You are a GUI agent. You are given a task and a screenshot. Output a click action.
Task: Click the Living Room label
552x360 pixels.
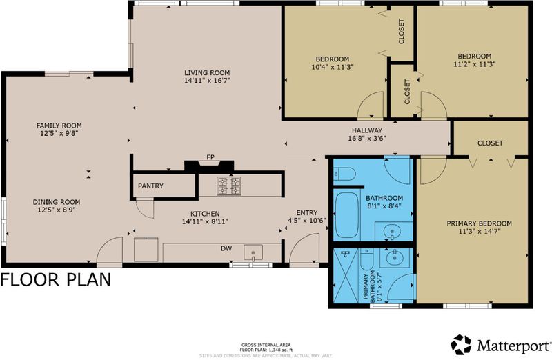coord(207,73)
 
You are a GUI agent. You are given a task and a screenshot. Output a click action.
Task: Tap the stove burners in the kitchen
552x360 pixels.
coord(229,186)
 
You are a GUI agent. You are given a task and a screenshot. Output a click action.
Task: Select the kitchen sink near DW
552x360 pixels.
coord(253,252)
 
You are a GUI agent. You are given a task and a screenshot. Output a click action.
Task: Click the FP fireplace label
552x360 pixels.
coord(210,157)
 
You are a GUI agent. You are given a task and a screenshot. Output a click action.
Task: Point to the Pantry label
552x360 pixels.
coord(150,186)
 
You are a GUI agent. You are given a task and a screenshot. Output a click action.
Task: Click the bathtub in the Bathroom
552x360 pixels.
coord(347,215)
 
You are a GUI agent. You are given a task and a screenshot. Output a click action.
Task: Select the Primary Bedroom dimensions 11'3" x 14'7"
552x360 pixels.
coord(479,231)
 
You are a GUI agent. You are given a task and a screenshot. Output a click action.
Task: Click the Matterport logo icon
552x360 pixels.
coord(461,344)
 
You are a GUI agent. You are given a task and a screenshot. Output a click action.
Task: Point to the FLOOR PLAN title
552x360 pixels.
coord(56,280)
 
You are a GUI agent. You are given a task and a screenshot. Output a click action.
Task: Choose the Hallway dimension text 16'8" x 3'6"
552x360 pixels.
coord(367,139)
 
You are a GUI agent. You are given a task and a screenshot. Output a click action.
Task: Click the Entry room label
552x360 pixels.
coord(307,212)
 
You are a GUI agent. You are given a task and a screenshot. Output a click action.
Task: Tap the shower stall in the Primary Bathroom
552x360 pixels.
coord(346,275)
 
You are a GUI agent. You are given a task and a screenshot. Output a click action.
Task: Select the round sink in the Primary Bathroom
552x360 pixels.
coord(395,258)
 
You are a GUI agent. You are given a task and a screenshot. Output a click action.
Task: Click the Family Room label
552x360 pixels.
coord(59,126)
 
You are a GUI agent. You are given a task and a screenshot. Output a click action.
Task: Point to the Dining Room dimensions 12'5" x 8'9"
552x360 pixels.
coord(57,210)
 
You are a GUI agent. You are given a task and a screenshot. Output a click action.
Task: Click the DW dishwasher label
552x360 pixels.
coord(226,248)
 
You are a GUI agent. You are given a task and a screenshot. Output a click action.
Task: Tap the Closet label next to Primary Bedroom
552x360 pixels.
coord(490,143)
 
